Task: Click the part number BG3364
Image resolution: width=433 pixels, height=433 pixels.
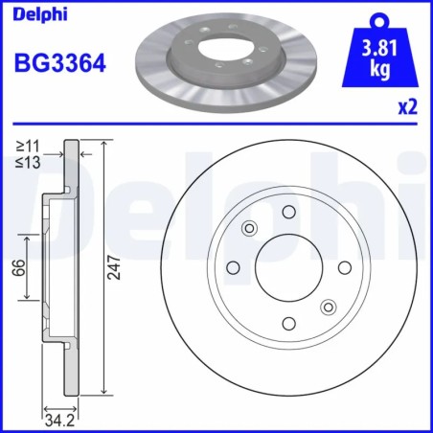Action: click(59, 64)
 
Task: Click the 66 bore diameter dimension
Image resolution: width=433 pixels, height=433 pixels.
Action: click(17, 268)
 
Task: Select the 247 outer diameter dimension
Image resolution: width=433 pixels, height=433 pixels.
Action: click(113, 269)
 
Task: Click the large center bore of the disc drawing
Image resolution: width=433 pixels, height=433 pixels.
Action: click(288, 267)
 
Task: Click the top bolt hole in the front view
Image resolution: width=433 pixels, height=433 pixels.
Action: click(288, 211)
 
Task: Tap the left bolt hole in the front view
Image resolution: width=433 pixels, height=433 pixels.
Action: click(232, 267)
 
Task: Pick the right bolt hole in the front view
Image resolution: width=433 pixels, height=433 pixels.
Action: click(345, 267)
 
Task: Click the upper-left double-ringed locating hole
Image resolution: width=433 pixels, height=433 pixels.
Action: click(249, 228)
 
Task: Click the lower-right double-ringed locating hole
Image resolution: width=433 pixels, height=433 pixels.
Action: click(329, 308)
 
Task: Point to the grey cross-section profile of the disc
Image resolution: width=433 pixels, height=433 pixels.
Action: click(70, 268)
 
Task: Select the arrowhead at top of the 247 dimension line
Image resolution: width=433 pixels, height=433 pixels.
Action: click(103, 144)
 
